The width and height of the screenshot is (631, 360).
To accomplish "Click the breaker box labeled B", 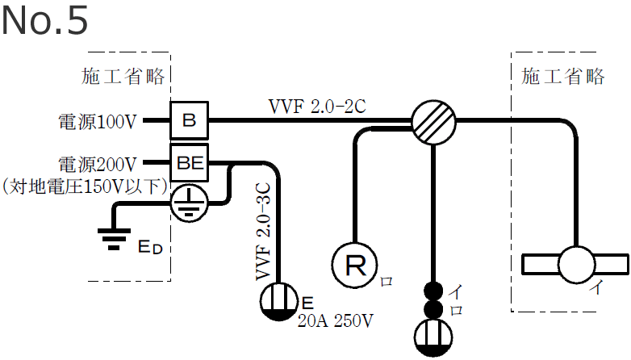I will [x=189, y=122].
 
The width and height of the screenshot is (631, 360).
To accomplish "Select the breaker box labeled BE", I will [x=189, y=162].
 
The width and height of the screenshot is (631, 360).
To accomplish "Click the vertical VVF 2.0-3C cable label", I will [x=264, y=231].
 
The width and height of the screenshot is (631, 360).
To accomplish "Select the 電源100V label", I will [x=98, y=123].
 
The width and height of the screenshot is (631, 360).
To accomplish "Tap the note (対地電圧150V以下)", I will [x=85, y=186].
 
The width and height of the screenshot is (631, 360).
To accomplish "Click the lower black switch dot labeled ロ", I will [x=434, y=309].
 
